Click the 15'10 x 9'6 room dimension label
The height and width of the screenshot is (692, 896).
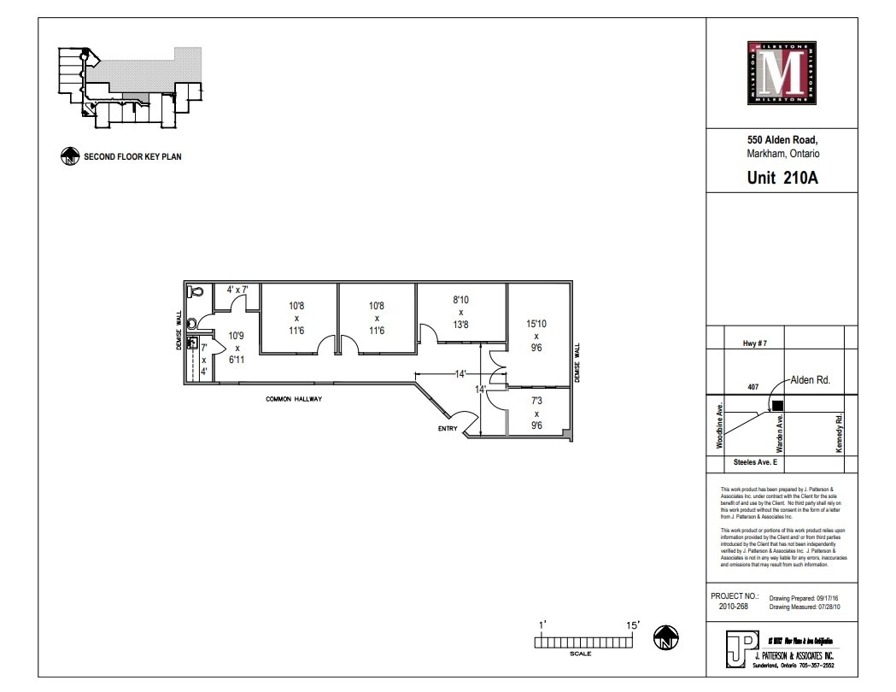[x=536, y=336]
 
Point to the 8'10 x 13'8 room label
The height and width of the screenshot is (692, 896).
[x=460, y=312]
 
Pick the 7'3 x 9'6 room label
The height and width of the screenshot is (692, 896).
[x=536, y=413]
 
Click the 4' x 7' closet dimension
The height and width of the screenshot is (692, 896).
[x=237, y=290]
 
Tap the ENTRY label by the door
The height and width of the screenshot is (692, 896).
[x=448, y=428]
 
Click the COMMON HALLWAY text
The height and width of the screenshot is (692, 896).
[x=293, y=398]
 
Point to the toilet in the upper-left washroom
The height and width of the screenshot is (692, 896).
[x=196, y=291]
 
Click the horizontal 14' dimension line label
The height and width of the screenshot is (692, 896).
[x=460, y=374]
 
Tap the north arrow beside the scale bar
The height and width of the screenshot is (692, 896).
[x=665, y=637]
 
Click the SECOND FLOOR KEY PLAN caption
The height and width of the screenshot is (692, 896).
[x=132, y=157]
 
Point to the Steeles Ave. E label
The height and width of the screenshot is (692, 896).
[x=755, y=461]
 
